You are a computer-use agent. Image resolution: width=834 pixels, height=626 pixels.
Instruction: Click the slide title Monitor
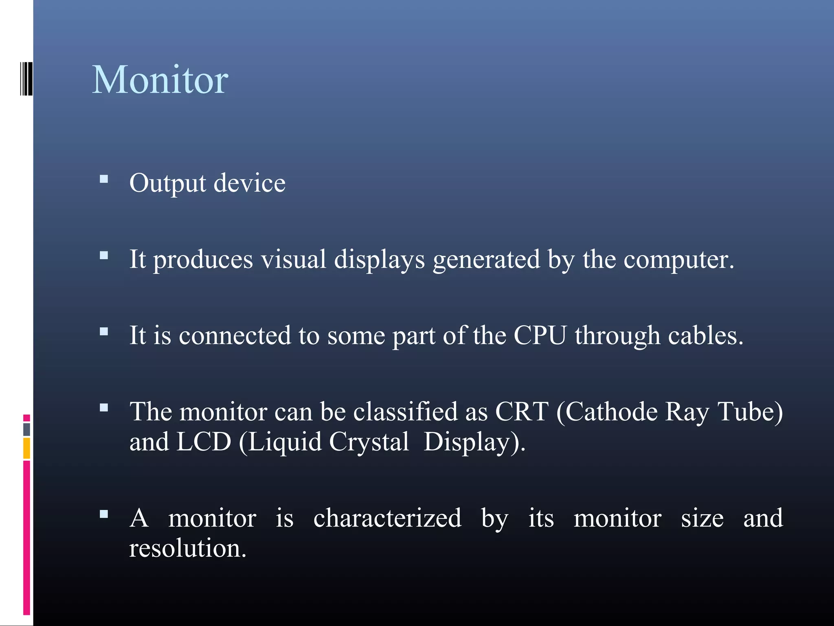point(160,80)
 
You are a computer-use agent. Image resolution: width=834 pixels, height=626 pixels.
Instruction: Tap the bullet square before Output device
point(104,179)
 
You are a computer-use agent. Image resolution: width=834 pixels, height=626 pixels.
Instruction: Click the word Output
point(167,183)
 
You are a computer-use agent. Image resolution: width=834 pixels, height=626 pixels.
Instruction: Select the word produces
point(203,260)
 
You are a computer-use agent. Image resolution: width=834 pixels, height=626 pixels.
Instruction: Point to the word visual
point(293,259)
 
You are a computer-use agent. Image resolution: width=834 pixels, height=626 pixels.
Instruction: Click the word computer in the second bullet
point(678,260)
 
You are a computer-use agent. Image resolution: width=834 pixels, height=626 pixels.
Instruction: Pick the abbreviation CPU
point(540,335)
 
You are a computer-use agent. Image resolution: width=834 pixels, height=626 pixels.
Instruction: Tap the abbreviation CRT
point(522,412)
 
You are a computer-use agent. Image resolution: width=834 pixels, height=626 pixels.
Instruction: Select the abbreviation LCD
point(204,442)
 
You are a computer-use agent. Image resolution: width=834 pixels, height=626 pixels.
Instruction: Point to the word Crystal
point(369,442)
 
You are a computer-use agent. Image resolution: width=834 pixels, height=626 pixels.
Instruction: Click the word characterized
point(387,518)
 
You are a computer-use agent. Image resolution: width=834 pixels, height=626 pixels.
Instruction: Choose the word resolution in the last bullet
point(187,548)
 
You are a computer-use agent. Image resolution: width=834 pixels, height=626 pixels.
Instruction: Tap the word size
point(702,518)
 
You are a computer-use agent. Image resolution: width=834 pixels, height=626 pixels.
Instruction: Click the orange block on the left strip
point(26,448)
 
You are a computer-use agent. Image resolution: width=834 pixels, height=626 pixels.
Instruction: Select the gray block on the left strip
point(26,429)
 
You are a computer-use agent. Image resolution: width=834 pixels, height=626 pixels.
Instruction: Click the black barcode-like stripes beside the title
point(26,79)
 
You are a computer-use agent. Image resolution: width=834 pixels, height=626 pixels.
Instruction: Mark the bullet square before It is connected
point(104,331)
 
